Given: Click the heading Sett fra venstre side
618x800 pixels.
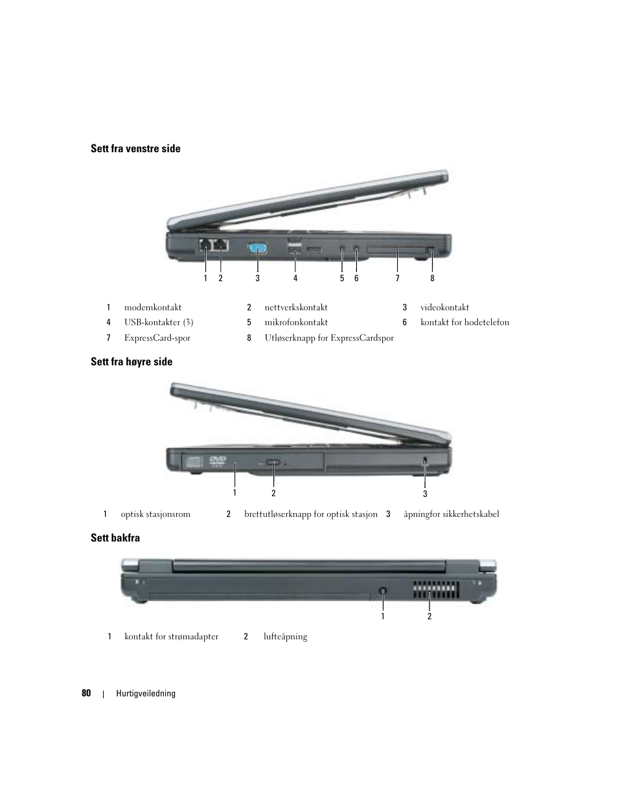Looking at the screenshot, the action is [135, 149].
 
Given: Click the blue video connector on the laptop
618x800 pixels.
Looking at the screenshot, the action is [258, 249].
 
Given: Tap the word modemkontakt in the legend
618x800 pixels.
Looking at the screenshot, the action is [153, 308].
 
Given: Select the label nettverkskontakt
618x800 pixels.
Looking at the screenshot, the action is [296, 308].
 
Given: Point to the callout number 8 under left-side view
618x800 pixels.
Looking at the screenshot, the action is [432, 279].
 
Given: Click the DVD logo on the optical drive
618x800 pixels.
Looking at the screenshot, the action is [217, 461].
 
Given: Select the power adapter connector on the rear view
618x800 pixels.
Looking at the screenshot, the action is [383, 591].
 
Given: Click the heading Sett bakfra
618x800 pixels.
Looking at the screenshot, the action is [115, 538].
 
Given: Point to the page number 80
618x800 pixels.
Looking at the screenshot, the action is [86, 693].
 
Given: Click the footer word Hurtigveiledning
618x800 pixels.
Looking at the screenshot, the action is [146, 694].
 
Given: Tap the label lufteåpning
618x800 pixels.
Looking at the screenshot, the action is [285, 637].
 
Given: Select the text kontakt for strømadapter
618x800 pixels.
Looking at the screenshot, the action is [171, 637].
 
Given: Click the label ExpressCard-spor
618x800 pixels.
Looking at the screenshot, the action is [157, 338].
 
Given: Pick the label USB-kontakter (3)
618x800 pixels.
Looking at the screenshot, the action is [159, 323].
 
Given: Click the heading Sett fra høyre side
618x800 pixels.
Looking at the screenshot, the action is [132, 362].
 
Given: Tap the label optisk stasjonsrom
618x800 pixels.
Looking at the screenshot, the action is [155, 514].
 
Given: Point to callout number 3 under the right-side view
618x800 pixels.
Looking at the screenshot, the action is [425, 494].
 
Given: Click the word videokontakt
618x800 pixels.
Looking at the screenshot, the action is [444, 308].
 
